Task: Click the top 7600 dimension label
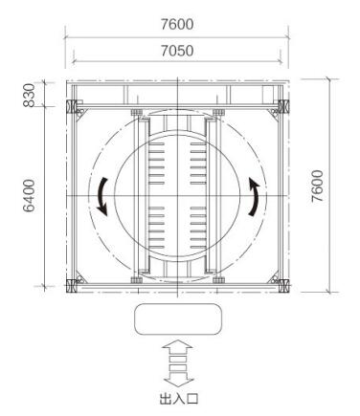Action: pos(177,24)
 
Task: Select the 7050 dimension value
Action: pos(177,51)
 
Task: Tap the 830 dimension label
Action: pos(29,95)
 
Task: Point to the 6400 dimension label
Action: pos(29,195)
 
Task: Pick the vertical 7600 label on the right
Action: pos(318,186)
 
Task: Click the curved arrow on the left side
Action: pos(102,196)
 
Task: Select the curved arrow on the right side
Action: pos(255,197)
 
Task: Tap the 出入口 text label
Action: pos(179,399)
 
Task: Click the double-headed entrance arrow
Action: pos(178,364)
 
